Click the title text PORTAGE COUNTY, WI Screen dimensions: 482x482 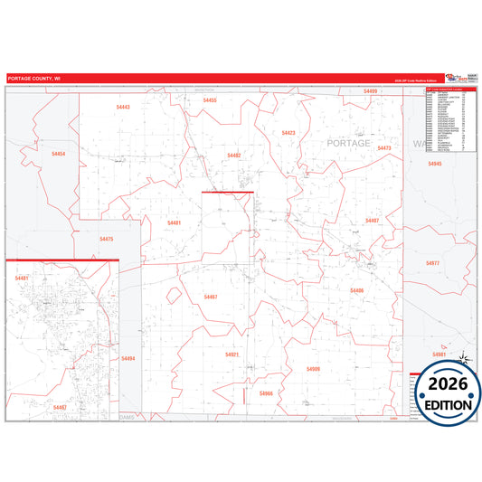point(34,79)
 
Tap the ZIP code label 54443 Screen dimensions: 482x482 point(123,107)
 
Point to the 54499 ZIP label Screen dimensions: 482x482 point(370,91)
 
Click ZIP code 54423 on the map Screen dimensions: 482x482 point(288,133)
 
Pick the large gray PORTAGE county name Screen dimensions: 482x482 point(348,144)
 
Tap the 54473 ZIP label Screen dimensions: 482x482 point(383,147)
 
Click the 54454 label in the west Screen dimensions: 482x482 point(58,155)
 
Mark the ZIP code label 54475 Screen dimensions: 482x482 point(107,239)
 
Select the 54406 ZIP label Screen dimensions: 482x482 point(356,289)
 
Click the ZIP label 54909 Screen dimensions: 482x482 point(313,369)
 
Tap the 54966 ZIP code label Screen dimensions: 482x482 point(266,393)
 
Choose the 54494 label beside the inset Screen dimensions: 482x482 point(128,359)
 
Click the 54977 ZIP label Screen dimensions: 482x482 point(432,262)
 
